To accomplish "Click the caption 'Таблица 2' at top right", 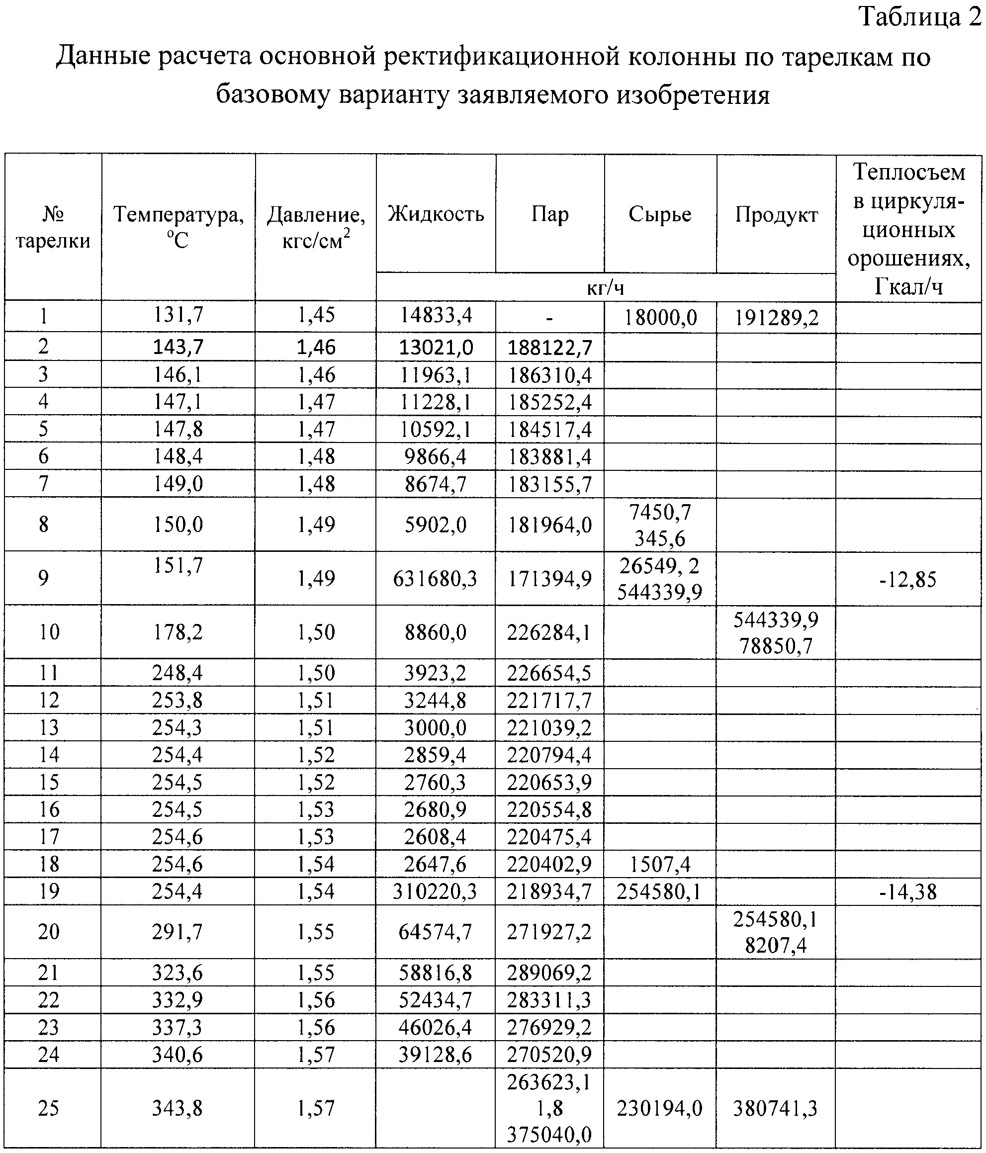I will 921,18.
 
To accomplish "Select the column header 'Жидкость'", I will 436,214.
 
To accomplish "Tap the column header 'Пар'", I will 550,214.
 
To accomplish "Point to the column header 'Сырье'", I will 660,214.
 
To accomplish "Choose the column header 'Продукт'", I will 776,214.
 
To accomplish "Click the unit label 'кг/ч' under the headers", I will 606,288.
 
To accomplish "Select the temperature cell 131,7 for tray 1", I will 178,316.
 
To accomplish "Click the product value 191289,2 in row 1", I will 776,318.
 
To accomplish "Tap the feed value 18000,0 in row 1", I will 660,318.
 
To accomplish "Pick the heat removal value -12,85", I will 908,579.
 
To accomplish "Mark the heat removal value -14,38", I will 908,892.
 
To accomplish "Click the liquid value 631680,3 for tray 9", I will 435,579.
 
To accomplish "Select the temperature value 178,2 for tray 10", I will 178,632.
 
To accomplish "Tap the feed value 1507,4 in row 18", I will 660,864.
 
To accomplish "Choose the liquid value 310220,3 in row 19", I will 435,891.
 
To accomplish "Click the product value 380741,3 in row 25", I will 776,1108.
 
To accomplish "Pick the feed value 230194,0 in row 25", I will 660,1108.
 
